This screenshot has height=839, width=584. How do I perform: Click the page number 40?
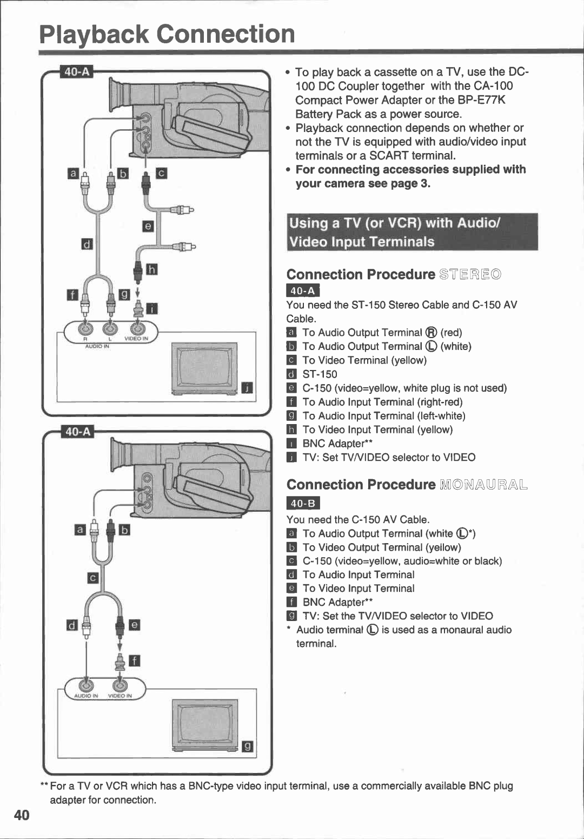pos(22,815)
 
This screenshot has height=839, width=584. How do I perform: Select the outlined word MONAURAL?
pos(484,484)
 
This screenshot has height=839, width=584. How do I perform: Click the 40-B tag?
pos(303,503)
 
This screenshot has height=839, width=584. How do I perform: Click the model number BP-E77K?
pos(481,100)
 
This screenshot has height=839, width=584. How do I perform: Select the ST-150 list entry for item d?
pos(320,374)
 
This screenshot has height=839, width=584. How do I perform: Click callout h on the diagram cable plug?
pos(152,269)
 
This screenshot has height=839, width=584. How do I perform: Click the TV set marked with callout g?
pos(205,725)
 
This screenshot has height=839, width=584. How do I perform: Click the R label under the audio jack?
pos(85,339)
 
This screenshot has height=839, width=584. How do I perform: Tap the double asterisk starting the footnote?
pos(44,786)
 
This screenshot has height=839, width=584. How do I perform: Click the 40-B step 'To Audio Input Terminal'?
pos(359,574)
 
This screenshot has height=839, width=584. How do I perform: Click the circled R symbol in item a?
pos(431,333)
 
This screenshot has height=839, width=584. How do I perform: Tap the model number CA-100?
pos(493,86)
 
